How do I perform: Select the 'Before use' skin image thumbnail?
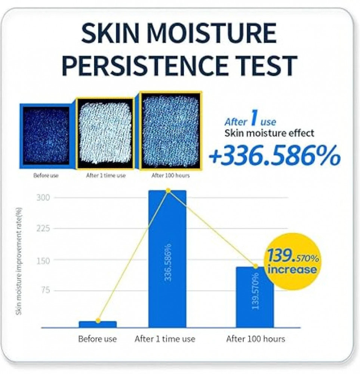click(46, 136)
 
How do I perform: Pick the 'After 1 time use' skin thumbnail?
click(105, 133)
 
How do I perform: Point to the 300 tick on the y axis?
click(43, 198)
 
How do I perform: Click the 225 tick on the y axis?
click(43, 229)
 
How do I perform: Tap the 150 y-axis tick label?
click(43, 261)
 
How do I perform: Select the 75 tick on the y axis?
click(45, 290)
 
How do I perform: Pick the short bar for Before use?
click(98, 324)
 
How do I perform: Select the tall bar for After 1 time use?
click(167, 259)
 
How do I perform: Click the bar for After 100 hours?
click(255, 297)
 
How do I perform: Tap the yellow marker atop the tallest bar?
click(168, 190)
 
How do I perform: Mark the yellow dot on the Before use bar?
click(98, 321)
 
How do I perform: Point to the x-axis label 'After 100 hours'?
click(256, 339)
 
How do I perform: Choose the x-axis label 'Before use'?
click(98, 339)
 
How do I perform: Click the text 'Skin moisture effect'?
click(269, 133)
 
